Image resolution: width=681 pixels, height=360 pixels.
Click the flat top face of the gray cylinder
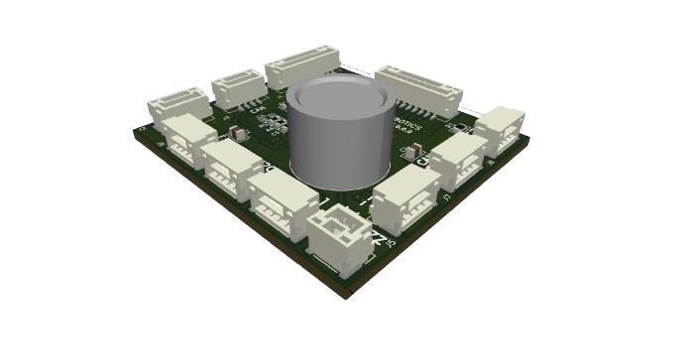pyautogui.click(x=339, y=99)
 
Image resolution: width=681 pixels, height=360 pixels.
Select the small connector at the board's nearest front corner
pyautogui.click(x=336, y=238)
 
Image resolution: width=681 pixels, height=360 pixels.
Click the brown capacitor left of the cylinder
pyautogui.click(x=233, y=130)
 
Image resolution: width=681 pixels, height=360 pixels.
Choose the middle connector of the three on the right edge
pyautogui.click(x=457, y=157)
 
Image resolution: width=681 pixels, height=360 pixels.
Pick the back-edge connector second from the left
pyautogui.click(x=238, y=87)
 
